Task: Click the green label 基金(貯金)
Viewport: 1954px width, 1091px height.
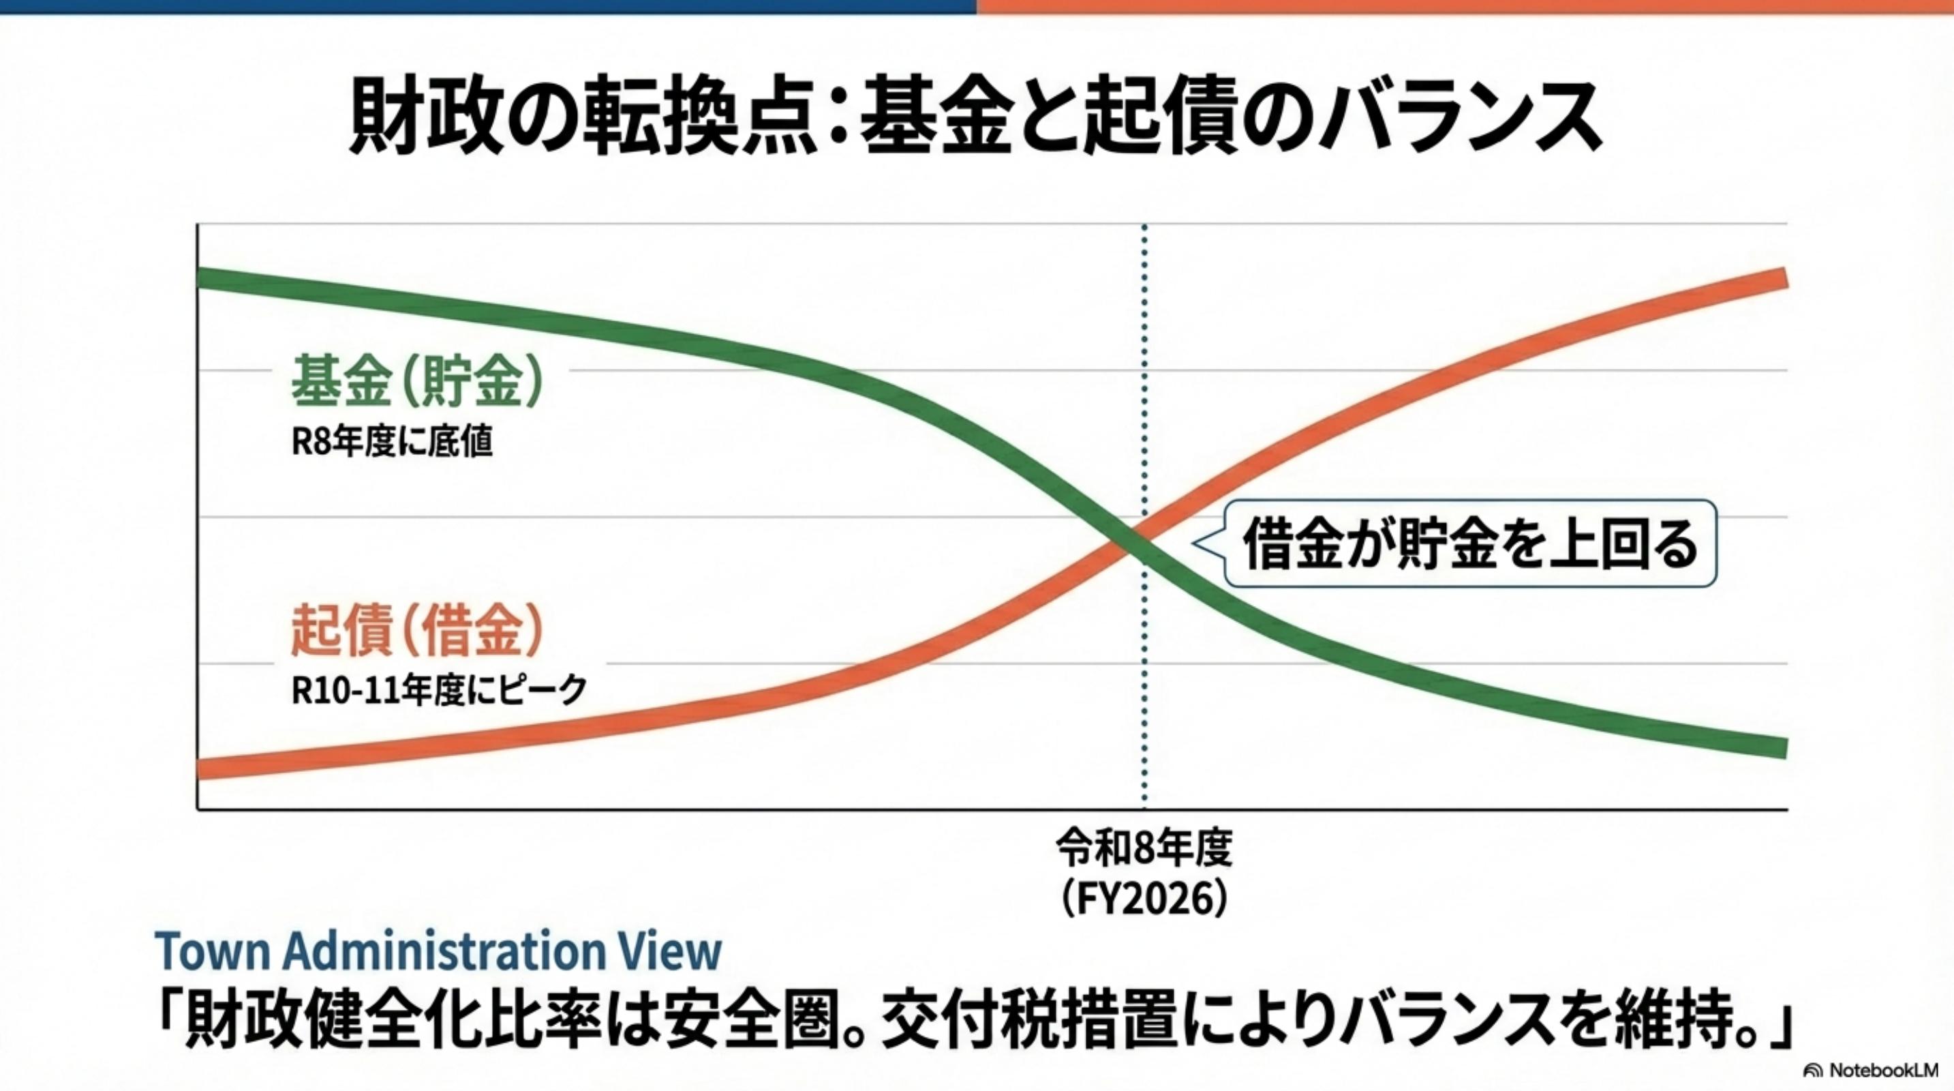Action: click(417, 382)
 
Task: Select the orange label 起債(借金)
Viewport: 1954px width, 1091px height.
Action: click(417, 630)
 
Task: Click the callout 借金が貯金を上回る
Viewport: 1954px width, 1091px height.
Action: click(1470, 544)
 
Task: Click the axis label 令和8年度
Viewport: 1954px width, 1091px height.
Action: click(1144, 849)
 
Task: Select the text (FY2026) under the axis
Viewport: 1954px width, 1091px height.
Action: click(1144, 901)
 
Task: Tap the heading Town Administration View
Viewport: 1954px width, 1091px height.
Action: click(438, 951)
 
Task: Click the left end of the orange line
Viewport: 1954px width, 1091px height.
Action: click(200, 768)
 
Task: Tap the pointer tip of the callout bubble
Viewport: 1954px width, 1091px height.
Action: click(1194, 543)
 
